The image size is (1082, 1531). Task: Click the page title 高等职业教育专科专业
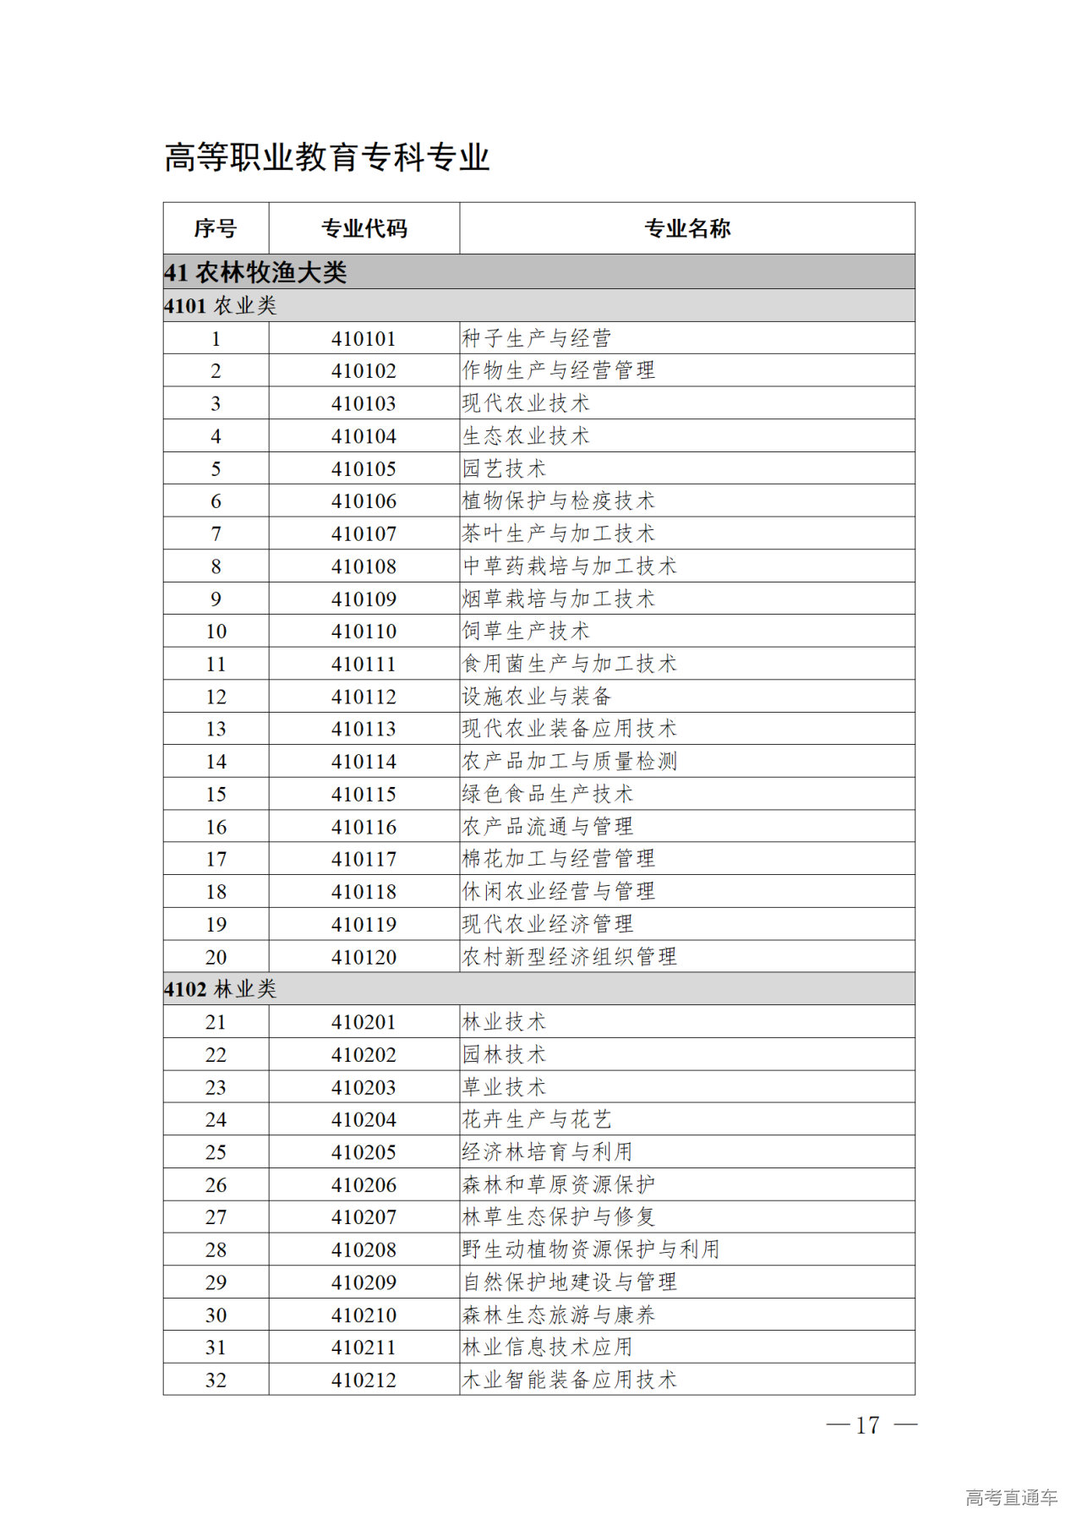(x=327, y=158)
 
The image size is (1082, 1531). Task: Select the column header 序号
(x=216, y=228)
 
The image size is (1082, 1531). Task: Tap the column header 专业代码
(x=364, y=228)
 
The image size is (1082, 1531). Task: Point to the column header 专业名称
(x=687, y=228)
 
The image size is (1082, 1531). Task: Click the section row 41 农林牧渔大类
(x=255, y=272)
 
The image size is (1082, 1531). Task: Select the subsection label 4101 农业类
(x=221, y=306)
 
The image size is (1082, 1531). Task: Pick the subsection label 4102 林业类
(x=221, y=989)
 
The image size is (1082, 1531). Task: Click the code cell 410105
(x=363, y=469)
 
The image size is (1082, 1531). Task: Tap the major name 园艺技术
(x=505, y=469)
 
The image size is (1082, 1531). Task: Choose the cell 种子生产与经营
(x=537, y=339)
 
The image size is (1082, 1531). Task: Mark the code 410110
(x=363, y=632)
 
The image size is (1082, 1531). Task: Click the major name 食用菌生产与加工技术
(x=570, y=664)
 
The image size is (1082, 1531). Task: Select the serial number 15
(x=216, y=795)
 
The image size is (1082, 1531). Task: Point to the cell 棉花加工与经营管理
(x=559, y=860)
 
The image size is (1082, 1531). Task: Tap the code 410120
(x=363, y=958)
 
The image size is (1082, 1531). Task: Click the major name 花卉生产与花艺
(x=537, y=1120)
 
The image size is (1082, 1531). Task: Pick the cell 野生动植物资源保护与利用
(x=591, y=1250)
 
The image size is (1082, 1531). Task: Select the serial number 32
(x=216, y=1381)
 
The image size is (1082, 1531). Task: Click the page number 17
(x=868, y=1425)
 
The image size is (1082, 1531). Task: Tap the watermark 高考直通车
(x=1011, y=1498)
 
